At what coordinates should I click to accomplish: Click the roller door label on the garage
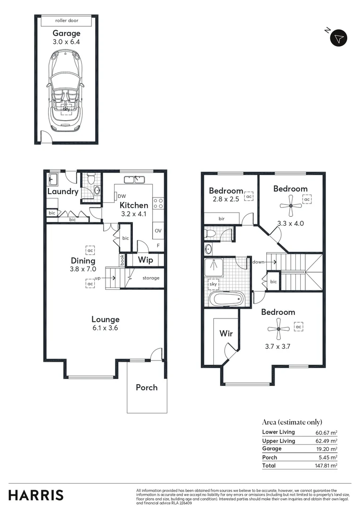coord(66,21)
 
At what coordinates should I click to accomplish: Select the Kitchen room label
coord(134,205)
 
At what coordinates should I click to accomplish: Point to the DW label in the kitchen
coord(122,197)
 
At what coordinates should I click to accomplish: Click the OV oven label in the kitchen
coord(158,231)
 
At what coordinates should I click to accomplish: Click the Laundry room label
coord(63,192)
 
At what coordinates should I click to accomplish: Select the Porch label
coord(147,387)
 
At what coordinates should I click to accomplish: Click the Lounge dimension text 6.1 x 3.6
coord(106,328)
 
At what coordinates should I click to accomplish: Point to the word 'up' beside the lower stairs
coord(98,278)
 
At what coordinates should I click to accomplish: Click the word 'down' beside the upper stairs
coord(258,262)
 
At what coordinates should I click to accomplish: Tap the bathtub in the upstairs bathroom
coord(227,299)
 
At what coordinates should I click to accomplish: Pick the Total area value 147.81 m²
coord(326,466)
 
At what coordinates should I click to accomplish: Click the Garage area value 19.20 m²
coord(326,449)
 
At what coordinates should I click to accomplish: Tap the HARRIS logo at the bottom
coord(36,495)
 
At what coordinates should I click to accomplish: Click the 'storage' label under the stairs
coord(151,278)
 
